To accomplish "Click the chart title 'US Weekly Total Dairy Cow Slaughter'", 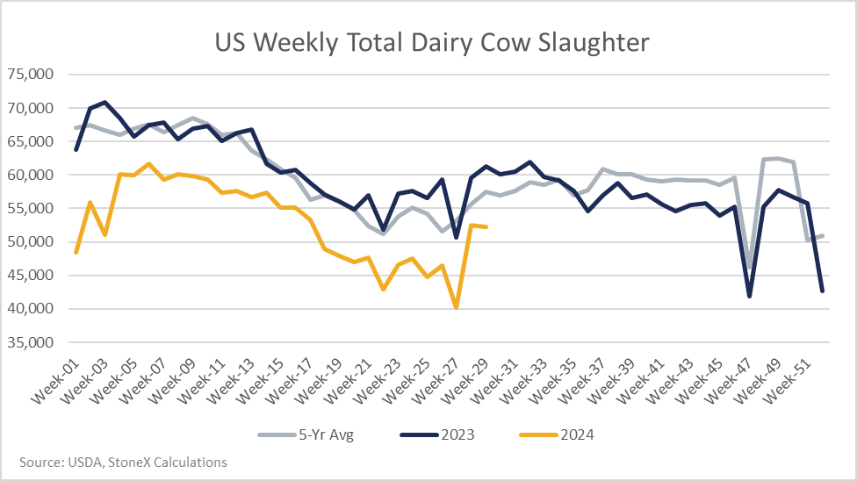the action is coord(432,43).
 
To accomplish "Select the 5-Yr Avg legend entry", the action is coord(306,435).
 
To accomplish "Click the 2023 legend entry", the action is coord(437,435).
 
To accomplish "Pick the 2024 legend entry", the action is coord(557,435).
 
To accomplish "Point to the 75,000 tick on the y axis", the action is coord(30,74).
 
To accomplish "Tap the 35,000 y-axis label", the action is coord(30,342).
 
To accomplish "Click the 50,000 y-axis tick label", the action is coord(30,241).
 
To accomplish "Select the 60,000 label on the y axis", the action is coord(30,175).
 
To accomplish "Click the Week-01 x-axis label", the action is coord(54,382).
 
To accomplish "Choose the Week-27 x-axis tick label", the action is coord(434,382).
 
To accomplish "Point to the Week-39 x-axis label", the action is coord(609,382).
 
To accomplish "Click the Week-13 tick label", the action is coord(230,382).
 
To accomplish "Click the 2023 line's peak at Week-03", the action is coord(105,102).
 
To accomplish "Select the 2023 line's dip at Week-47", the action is coord(749,297).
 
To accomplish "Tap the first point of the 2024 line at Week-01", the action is coord(76,253).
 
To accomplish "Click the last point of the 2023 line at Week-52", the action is coord(822,291).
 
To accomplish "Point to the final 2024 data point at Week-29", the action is coord(486,226).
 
